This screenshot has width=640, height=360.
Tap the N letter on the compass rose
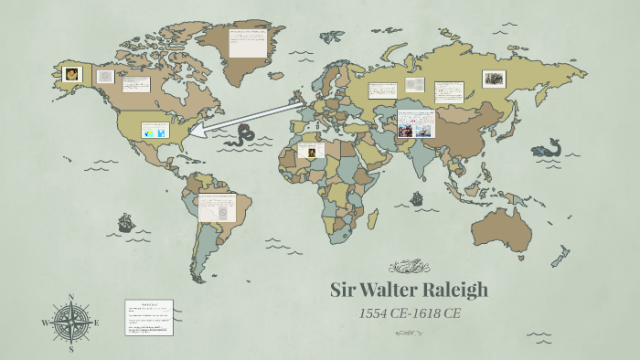71,297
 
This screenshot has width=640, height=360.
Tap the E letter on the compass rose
97,323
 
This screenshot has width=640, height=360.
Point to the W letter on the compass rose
45,323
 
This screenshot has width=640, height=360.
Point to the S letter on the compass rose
71,349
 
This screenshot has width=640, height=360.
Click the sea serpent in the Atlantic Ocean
244,136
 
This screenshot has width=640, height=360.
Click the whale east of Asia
549,146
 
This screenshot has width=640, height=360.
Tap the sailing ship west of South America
125,223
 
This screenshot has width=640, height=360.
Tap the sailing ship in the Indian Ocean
417,197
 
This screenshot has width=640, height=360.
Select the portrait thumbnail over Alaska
73,74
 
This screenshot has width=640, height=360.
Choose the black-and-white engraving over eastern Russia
494,79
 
